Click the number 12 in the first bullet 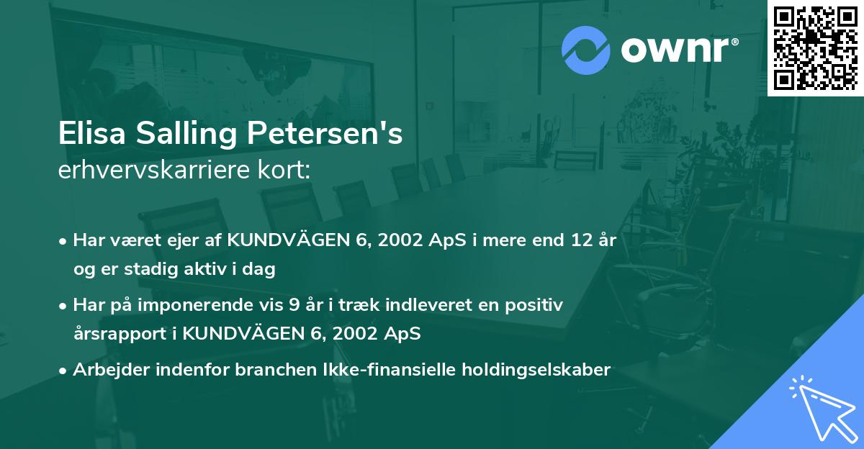pos(561,241)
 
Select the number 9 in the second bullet pos(294,306)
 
